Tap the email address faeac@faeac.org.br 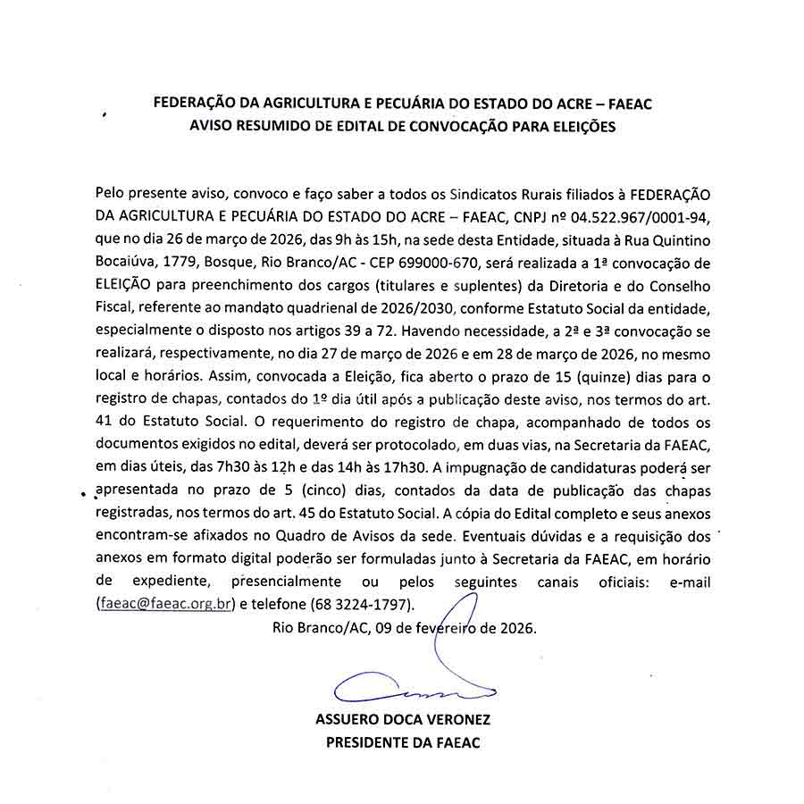(165, 603)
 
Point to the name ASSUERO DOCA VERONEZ (403, 720)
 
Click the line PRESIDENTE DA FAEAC (403, 742)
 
